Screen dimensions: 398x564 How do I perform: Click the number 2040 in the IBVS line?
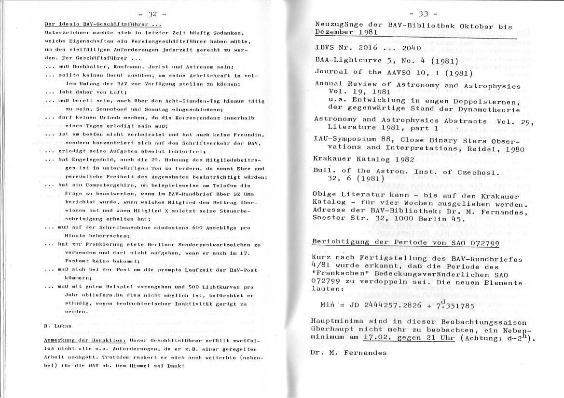coord(408,48)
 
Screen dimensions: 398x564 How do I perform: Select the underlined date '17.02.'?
coord(378,338)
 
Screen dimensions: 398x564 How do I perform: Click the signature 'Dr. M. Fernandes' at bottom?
coord(349,353)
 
